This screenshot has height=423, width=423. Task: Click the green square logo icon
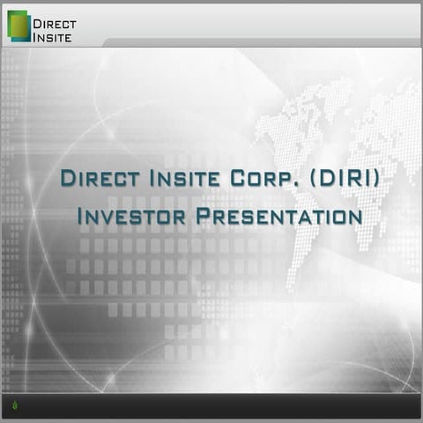point(18,26)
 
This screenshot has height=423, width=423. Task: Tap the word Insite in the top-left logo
point(52,36)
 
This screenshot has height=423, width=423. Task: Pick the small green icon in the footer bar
point(14,405)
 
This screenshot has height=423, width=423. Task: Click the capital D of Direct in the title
point(67,177)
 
